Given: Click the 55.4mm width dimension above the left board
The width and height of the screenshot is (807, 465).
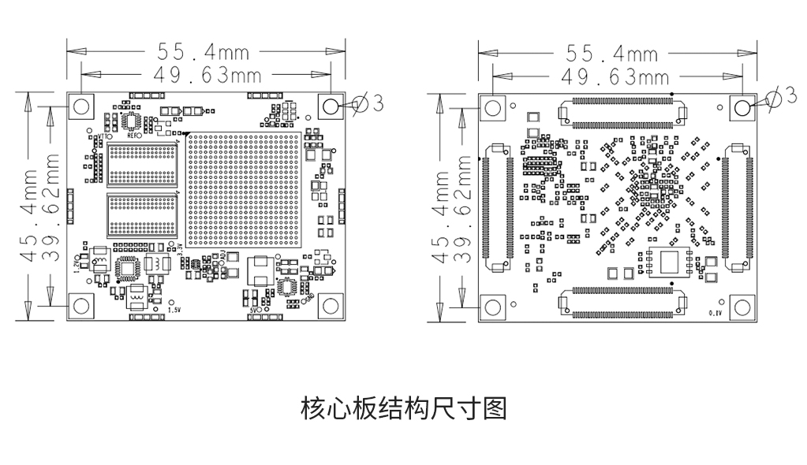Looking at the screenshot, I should point(204,52).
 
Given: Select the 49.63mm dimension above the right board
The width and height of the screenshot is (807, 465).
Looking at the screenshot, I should point(613,77).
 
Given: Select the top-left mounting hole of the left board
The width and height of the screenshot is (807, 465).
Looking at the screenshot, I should point(80,106).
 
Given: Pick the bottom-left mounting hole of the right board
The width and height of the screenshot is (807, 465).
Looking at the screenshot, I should point(493,307).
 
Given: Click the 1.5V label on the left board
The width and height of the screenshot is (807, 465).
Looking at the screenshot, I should point(175,310).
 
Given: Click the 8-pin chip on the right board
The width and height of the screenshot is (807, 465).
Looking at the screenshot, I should point(669,262).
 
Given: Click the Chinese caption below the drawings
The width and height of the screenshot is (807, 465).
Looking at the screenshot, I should point(403,409).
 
